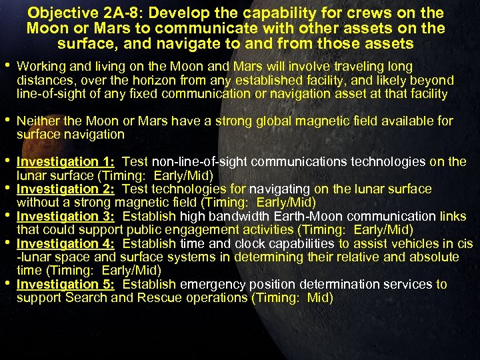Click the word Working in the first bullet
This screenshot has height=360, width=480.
click(39, 67)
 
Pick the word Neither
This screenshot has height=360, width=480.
click(38, 121)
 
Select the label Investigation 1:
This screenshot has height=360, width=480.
click(65, 162)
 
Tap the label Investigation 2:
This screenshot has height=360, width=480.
click(65, 189)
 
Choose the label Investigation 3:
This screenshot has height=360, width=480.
click(65, 217)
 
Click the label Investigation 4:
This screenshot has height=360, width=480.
click(65, 244)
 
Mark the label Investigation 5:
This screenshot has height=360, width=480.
click(65, 285)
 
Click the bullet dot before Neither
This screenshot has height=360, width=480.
click(7, 121)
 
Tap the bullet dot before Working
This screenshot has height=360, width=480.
click(7, 67)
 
